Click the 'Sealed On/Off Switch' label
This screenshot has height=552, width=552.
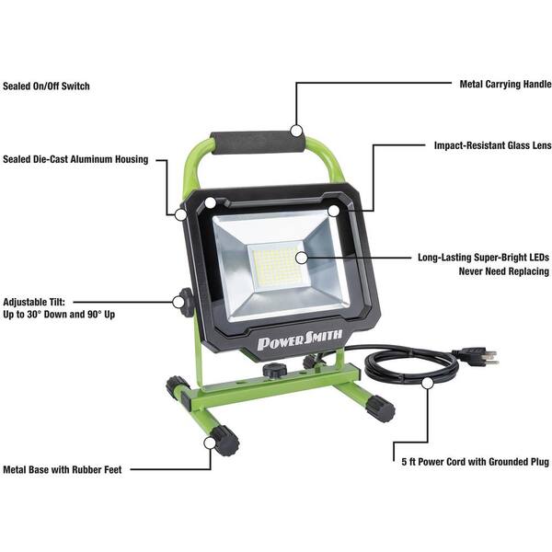46,86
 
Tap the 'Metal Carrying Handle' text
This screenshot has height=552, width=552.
505,85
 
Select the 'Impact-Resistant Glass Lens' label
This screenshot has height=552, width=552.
492,145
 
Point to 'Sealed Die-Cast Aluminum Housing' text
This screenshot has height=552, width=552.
75,159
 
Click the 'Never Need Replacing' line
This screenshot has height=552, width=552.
504,271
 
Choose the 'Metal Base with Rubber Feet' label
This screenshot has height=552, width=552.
63,469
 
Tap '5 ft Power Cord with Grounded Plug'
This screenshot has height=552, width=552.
476,462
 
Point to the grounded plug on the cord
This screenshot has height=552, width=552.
478,356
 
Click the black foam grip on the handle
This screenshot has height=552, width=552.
257,143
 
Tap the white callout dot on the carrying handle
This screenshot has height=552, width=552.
297,131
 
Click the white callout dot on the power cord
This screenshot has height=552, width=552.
428,384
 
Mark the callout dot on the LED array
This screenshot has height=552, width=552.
302,258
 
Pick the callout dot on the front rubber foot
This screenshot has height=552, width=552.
210,443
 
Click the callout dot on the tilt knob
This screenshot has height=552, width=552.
178,302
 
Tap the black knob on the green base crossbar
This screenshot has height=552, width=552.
274,371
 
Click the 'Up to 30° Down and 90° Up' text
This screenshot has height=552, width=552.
59,315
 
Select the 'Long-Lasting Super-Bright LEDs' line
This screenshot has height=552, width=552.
483,258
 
